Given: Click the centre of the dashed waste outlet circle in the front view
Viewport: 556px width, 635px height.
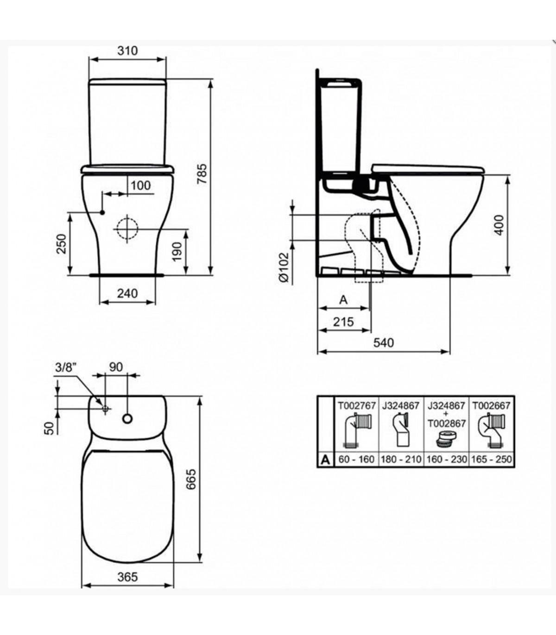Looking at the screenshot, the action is [x=127, y=229].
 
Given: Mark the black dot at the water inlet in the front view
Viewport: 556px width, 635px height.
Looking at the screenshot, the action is [x=102, y=212].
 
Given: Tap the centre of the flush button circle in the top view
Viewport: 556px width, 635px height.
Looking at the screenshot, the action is [x=127, y=418].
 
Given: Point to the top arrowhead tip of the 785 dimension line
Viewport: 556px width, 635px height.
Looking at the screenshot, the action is [x=211, y=80].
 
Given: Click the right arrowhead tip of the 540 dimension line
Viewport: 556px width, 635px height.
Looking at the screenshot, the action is [x=449, y=352].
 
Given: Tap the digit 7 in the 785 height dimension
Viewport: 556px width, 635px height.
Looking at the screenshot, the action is [x=202, y=181].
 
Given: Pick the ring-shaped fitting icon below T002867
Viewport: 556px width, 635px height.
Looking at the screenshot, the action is [x=445, y=439].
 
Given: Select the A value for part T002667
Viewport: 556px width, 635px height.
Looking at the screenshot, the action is [x=492, y=459].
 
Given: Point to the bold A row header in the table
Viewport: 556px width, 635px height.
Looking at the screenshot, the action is [x=325, y=460].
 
